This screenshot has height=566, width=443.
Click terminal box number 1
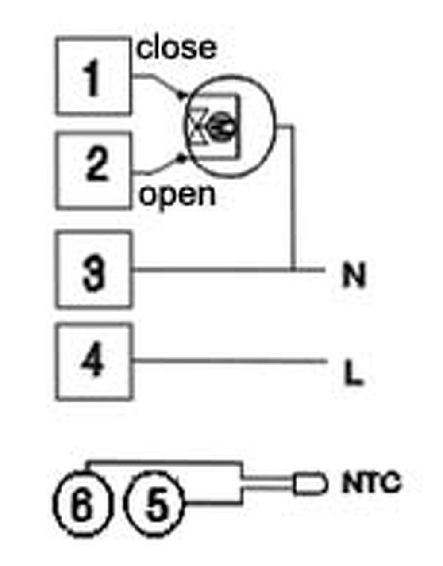(93, 76)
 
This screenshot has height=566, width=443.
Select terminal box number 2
(94, 170)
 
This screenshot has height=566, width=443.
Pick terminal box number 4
(94, 362)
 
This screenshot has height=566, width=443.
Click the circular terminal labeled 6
(83, 505)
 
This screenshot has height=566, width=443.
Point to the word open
(177, 195)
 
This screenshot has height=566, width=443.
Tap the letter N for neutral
(354, 276)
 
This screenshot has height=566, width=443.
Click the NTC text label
(371, 483)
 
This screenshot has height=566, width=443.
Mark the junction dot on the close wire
(180, 94)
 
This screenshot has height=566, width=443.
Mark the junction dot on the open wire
(180, 157)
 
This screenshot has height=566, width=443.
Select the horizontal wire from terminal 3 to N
(212, 269)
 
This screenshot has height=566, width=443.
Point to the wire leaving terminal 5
(212, 503)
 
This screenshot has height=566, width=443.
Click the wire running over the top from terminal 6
(164, 463)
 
